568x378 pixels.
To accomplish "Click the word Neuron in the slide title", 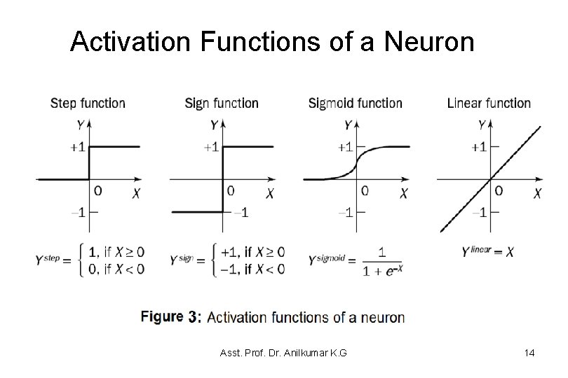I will (430, 42).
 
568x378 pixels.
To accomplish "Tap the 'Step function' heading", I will (88, 103).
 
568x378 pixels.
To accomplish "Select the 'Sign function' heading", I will (222, 103).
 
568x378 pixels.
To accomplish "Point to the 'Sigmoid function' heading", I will (356, 103).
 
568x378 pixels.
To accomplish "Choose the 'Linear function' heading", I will (489, 103).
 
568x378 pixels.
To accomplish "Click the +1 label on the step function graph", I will (77, 146).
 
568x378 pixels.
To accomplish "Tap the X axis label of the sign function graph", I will (270, 193).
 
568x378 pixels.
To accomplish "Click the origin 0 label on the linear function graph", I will (498, 190).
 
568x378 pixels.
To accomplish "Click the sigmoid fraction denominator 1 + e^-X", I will (381, 269).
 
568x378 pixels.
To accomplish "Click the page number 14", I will (529, 353).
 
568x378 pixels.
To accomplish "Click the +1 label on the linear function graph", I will (480, 146).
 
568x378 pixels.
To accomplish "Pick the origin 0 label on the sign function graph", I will (230, 190).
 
